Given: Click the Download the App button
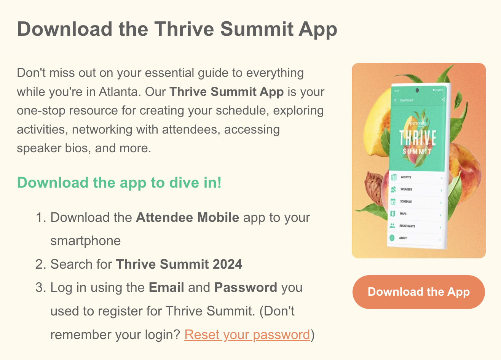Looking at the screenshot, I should tap(418, 292).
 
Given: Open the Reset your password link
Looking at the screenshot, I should tap(247, 335).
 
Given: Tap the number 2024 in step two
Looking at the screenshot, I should tap(227, 264).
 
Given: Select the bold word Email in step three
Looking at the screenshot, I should tap(166, 287).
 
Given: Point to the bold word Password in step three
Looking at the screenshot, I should tap(246, 287).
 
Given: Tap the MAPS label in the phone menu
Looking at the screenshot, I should tap(403, 214).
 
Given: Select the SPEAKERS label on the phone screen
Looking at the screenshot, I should tap(406, 189).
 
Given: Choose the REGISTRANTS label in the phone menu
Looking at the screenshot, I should tap(407, 226).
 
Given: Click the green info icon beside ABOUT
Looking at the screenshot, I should tap(392, 238).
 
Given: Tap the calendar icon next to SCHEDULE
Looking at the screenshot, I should tap(393, 202).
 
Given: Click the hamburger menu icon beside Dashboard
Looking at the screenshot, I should tap(395, 100).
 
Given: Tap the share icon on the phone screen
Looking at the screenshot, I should tap(444, 100).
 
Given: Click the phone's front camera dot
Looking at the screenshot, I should tap(418, 91).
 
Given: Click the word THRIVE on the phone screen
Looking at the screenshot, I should tap(418, 138).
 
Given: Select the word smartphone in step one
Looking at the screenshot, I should tap(85, 241).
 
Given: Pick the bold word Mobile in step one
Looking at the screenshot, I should tap(218, 218).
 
